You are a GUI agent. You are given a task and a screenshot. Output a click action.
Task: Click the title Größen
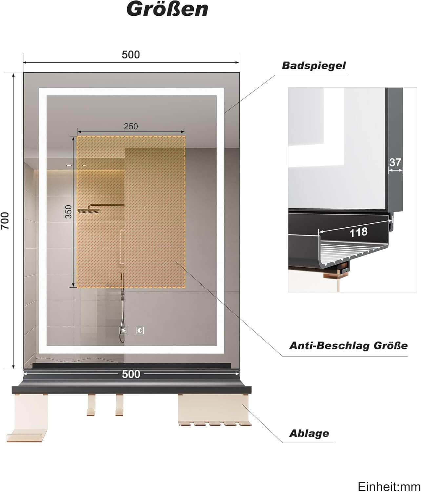167,9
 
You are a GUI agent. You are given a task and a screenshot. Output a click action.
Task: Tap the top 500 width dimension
131,54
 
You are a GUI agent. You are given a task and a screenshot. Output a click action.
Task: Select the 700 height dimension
6,220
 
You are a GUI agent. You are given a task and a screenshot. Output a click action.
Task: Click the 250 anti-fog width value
131,126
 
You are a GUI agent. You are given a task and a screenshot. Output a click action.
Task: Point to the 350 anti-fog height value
68,212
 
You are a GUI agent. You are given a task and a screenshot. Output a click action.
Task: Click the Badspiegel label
314,65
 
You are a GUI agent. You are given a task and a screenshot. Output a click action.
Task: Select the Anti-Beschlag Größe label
348,345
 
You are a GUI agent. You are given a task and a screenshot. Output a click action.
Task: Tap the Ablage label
309,433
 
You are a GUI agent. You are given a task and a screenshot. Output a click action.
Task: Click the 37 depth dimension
395,162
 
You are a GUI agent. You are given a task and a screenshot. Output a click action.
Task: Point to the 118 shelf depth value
359,233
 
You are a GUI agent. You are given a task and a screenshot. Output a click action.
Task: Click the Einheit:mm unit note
388,486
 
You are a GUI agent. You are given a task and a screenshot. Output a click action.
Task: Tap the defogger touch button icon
123,330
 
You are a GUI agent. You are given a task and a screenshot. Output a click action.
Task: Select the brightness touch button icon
140,330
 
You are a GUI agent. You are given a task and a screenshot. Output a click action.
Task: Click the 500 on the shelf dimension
131,374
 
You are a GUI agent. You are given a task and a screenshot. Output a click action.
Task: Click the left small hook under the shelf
91,406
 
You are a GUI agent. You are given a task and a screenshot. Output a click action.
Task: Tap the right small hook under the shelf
119,406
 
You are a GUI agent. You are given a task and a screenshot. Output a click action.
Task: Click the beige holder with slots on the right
214,410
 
